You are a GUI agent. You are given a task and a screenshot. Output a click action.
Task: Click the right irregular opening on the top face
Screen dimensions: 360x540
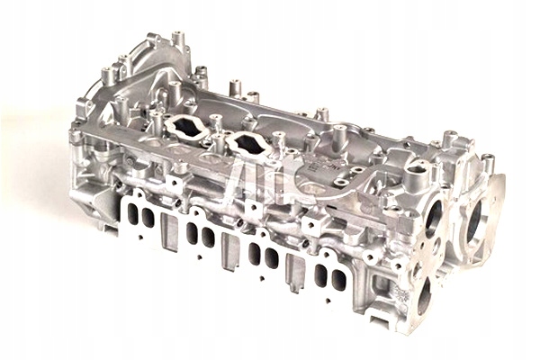[x=245, y=143]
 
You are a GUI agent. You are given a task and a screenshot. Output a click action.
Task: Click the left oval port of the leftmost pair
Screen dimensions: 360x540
[x=133, y=214]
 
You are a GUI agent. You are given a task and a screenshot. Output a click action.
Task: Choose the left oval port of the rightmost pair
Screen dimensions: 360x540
[x=322, y=275]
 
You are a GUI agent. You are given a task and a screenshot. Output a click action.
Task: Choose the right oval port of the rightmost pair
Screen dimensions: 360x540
[x=339, y=281]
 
